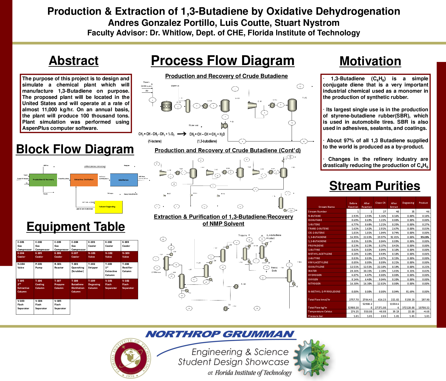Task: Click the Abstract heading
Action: (x=74, y=61)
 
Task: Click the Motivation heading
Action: (x=370, y=61)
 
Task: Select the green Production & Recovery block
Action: (x=43, y=180)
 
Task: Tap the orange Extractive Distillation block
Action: (x=84, y=180)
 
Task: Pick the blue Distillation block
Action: (x=124, y=180)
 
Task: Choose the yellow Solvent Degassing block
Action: (x=108, y=207)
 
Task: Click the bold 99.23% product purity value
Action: (x=425, y=237)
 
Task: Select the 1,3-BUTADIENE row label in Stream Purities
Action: (x=317, y=237)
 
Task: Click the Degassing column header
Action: (x=408, y=203)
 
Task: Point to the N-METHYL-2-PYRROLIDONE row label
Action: (x=324, y=292)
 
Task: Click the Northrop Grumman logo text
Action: (x=220, y=334)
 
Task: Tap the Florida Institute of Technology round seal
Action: (x=131, y=358)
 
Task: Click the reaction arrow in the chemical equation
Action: (x=182, y=134)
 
